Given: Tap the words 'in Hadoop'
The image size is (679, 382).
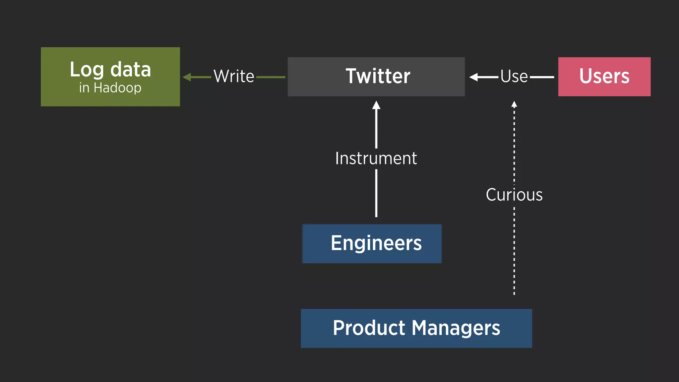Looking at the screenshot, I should [110, 88].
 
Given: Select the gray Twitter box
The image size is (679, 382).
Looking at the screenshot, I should [376, 77].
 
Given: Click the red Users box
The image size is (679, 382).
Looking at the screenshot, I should [604, 77].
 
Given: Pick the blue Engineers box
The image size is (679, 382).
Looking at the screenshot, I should [372, 244].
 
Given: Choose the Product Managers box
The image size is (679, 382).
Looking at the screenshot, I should [416, 328].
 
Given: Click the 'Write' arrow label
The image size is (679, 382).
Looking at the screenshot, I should [234, 76].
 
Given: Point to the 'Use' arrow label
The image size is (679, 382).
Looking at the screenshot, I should [514, 76].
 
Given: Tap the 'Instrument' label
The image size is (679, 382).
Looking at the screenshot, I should [376, 158].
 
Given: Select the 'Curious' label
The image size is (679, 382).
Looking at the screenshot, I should [514, 195].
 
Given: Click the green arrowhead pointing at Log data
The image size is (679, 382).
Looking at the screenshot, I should [187, 77].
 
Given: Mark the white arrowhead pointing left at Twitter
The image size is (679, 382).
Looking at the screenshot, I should [473, 77].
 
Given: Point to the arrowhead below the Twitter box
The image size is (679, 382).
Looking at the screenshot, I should [376, 105].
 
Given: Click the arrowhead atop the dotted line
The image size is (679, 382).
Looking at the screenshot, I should [514, 104].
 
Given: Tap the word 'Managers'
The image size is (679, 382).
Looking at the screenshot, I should [456, 328].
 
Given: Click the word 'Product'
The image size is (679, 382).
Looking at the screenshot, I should [369, 328].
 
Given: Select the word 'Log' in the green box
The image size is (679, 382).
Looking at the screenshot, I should [87, 70].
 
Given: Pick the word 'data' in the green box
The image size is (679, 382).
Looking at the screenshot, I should [130, 70].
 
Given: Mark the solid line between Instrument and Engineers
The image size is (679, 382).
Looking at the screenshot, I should [376, 193].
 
